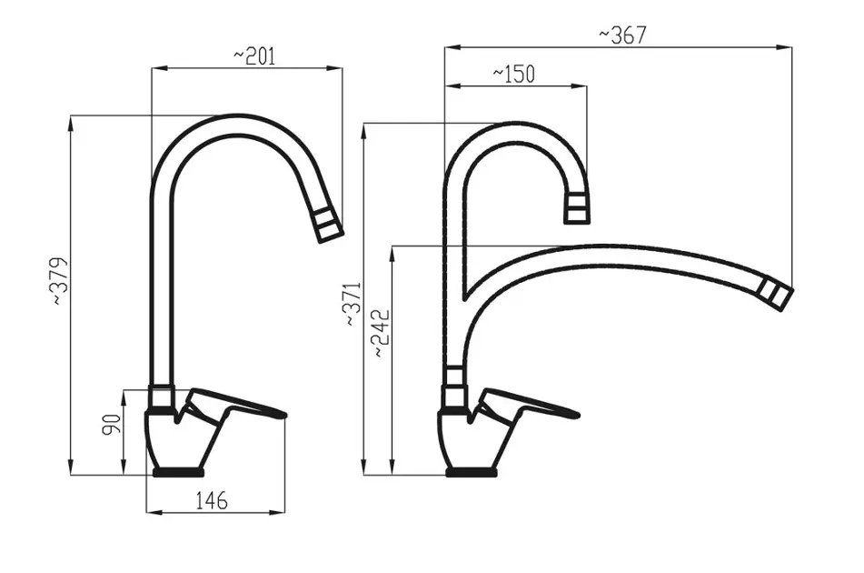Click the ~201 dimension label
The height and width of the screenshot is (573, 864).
coord(254,56)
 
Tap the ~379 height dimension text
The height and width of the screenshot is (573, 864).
coord(60,281)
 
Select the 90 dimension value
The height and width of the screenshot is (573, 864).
coord(112,424)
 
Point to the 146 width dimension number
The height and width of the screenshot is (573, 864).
coord(212,501)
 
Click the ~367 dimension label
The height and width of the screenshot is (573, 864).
coord(622,35)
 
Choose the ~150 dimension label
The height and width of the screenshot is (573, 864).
coord(513,74)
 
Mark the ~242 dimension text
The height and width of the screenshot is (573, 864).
coord(382,333)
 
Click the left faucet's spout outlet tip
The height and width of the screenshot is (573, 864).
coord(332,236)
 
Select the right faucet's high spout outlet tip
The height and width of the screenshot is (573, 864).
coord(577,221)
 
